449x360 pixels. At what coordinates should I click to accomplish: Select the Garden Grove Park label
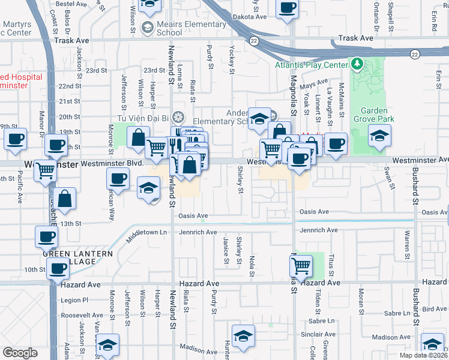[377, 115]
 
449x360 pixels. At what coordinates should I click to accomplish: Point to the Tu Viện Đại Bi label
[141, 118]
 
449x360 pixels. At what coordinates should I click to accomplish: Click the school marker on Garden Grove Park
[379, 136]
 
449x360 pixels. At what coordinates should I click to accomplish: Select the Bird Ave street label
[435, 309]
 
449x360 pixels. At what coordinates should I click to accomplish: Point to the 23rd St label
[96, 70]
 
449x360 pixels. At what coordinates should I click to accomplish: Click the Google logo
[20, 353]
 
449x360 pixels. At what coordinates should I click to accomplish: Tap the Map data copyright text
[423, 355]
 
